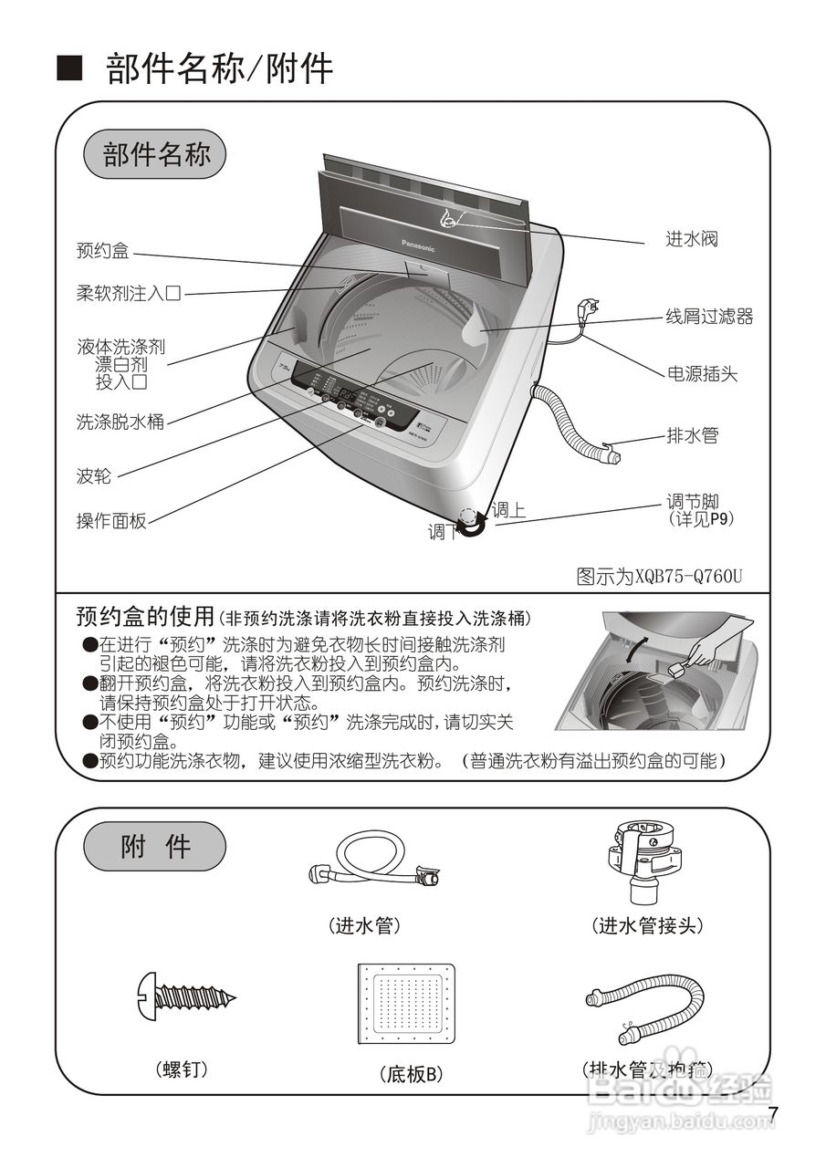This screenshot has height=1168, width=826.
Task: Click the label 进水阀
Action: pyautogui.click(x=691, y=239)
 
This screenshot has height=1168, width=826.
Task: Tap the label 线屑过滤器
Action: pyautogui.click(x=709, y=317)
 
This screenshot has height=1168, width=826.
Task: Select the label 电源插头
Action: pyautogui.click(x=702, y=373)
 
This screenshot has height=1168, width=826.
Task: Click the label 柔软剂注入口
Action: pyautogui.click(x=129, y=294)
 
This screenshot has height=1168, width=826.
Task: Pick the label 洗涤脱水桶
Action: pyautogui.click(x=120, y=422)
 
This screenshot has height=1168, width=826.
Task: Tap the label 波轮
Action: pyautogui.click(x=94, y=476)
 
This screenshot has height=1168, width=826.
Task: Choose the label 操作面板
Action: pyautogui.click(x=111, y=521)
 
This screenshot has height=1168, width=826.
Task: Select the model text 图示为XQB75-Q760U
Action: pyautogui.click(x=659, y=577)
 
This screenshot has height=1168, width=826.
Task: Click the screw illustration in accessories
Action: pyautogui.click(x=186, y=994)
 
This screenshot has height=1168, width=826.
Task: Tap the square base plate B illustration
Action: pyautogui.click(x=406, y=1004)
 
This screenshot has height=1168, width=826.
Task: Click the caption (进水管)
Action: pyautogui.click(x=364, y=925)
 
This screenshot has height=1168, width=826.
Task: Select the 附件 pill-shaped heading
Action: pyautogui.click(x=154, y=847)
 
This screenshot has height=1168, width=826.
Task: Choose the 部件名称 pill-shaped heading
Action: pyautogui.click(x=155, y=154)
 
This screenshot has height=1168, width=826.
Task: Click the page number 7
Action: pyautogui.click(x=773, y=1115)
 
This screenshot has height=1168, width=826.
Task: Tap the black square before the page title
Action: pyautogui.click(x=70, y=68)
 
